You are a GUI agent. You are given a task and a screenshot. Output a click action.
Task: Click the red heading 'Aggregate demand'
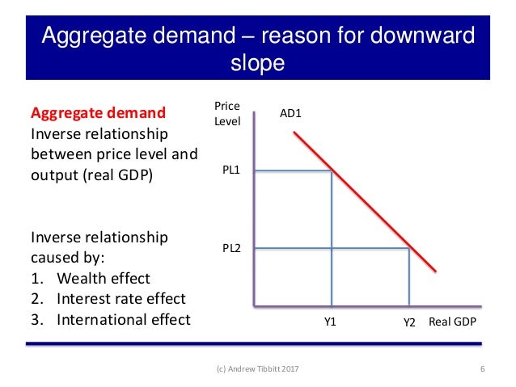(x=97, y=112)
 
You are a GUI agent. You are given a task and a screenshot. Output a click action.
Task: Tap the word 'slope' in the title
(x=258, y=63)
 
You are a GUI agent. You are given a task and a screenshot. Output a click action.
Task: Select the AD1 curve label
(x=290, y=114)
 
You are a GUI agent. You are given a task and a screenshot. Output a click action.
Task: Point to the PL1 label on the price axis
(x=233, y=170)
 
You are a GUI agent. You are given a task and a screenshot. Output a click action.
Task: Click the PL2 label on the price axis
(x=232, y=249)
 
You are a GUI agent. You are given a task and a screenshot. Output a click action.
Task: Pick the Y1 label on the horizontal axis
(x=331, y=322)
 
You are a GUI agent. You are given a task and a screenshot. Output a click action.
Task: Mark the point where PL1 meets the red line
(x=332, y=170)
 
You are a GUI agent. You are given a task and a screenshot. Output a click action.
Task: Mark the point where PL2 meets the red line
(x=409, y=249)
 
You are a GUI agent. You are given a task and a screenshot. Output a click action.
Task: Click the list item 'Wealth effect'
(x=104, y=278)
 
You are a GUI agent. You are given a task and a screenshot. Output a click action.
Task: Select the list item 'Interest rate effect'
(x=121, y=298)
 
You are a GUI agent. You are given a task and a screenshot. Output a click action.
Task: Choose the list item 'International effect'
(x=124, y=318)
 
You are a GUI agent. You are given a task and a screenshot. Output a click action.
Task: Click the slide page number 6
(x=482, y=370)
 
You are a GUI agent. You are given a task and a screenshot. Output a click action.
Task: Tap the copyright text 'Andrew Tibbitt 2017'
(x=267, y=370)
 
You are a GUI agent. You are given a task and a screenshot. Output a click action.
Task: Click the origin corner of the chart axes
(x=254, y=307)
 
